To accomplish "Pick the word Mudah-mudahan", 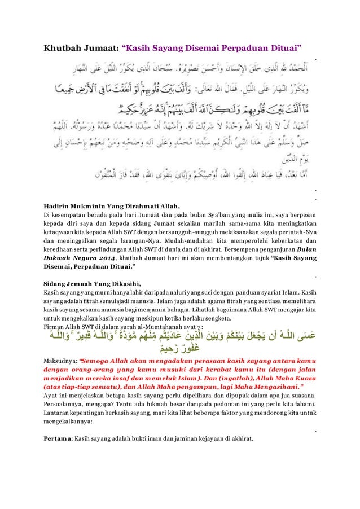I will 169,239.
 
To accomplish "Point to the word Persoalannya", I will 67,402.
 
